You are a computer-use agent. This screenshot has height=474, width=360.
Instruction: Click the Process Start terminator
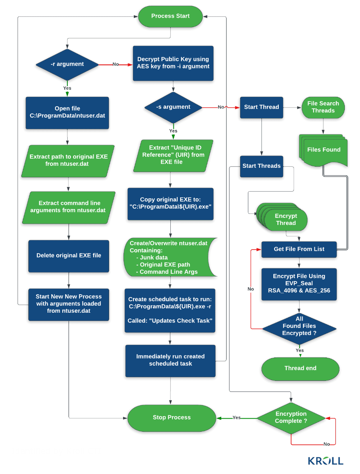click(x=170, y=16)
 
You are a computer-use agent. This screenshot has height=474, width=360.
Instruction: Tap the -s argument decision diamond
click(x=173, y=107)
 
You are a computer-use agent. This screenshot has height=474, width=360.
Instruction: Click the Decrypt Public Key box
click(x=173, y=63)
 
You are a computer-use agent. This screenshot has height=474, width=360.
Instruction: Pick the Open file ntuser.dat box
click(x=67, y=112)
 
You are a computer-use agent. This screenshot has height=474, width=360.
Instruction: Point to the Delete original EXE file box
click(x=69, y=256)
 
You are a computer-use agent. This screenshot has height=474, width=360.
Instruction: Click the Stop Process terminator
click(x=172, y=417)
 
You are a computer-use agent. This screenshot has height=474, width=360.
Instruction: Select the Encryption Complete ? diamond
click(x=291, y=417)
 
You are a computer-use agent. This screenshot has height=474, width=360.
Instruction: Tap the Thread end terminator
click(x=300, y=368)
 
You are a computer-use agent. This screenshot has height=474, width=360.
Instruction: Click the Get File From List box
click(x=299, y=249)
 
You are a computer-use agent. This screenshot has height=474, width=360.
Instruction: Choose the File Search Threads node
click(x=323, y=107)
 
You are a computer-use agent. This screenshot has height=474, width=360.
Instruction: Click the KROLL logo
click(x=326, y=460)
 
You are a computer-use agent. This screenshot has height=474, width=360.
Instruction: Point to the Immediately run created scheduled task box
click(x=170, y=360)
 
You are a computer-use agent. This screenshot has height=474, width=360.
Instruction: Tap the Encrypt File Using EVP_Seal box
click(x=299, y=284)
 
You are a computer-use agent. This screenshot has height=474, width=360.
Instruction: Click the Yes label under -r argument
click(x=67, y=88)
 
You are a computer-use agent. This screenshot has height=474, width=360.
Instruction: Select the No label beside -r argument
click(x=115, y=64)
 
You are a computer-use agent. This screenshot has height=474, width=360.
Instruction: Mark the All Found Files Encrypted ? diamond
click(x=299, y=326)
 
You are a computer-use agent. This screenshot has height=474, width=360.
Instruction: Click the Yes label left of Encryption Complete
click(x=236, y=417)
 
